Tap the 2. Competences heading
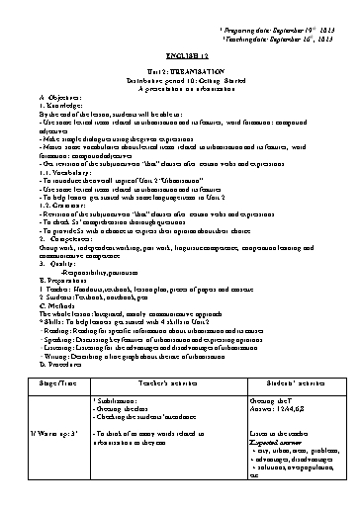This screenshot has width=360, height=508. coord(59,212)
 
